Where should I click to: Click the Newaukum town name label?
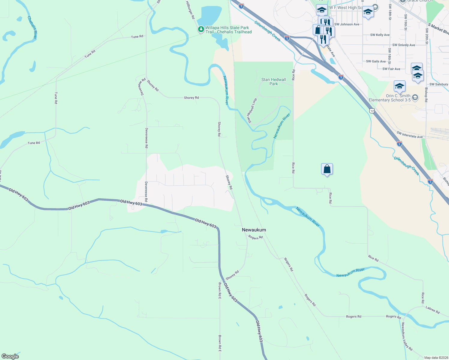click(254, 230)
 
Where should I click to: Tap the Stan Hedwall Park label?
click(273, 82)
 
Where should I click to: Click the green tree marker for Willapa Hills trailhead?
click(200, 29)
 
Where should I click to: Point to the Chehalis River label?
click(32, 27)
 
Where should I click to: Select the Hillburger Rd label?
click(190, 10)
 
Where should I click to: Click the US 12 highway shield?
click(372, 111)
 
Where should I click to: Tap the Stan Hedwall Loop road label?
click(252, 111)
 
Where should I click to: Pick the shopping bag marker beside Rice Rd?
click(327, 169)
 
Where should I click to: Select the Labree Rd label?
click(432, 310)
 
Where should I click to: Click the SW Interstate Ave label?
click(409, 135)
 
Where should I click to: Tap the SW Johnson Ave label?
click(347, 24)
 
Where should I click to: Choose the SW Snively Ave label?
click(404, 45)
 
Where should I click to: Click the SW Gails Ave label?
click(376, 61)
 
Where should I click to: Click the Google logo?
click(10, 356)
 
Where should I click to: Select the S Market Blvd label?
click(438, 29)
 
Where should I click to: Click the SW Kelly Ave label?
click(380, 35)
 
